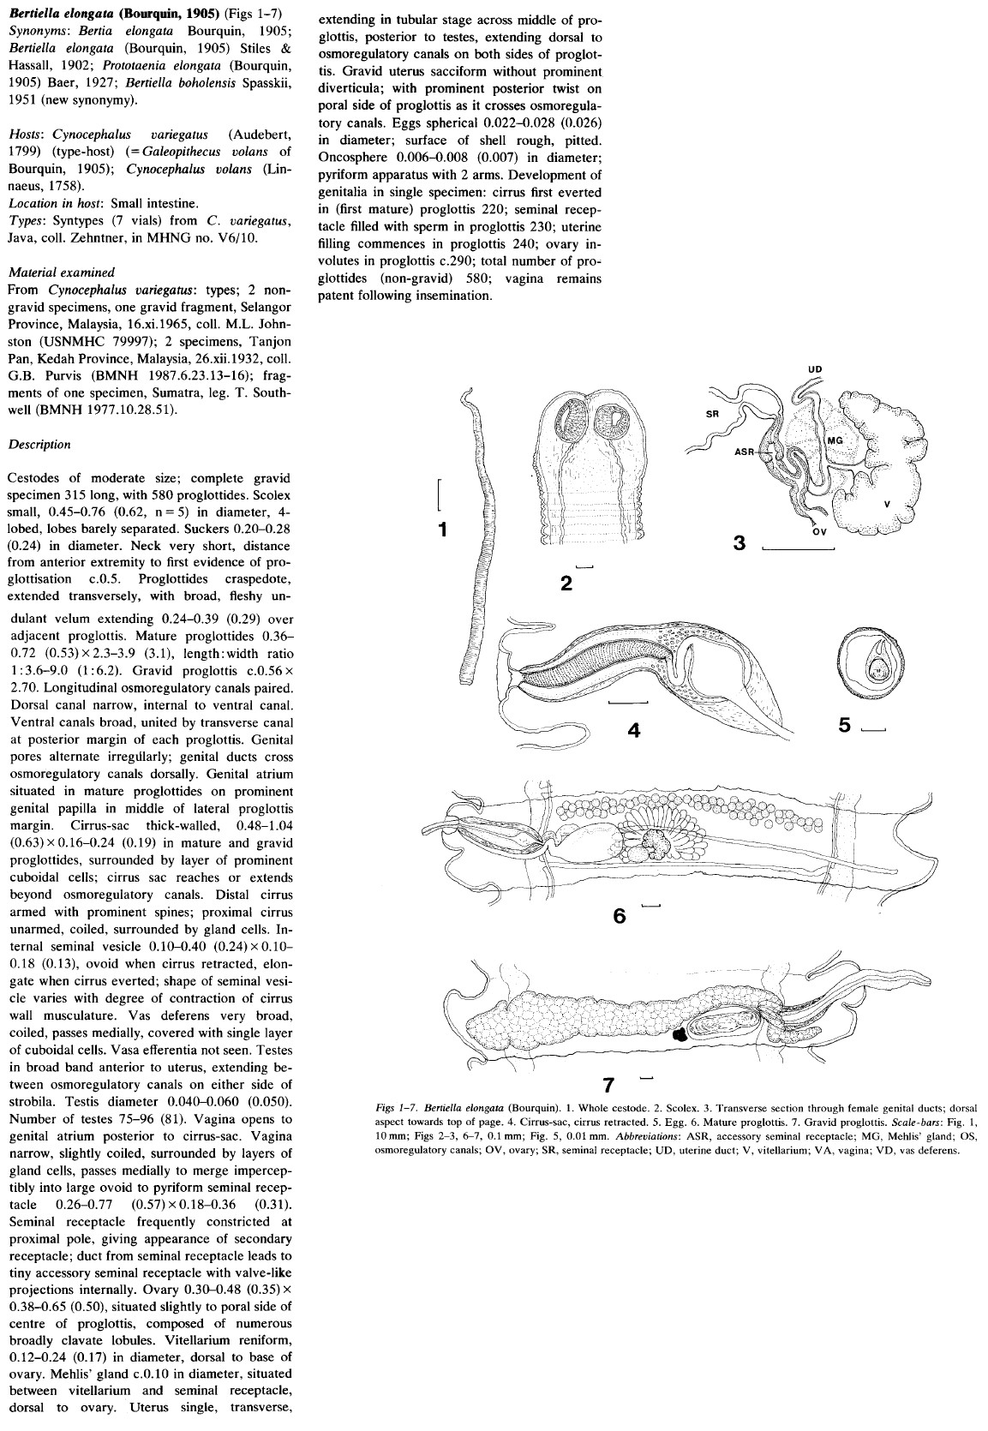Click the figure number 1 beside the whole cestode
coord(442,530)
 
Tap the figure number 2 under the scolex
coord(566,584)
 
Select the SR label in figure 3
coord(711,413)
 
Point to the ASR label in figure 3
coord(745,453)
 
